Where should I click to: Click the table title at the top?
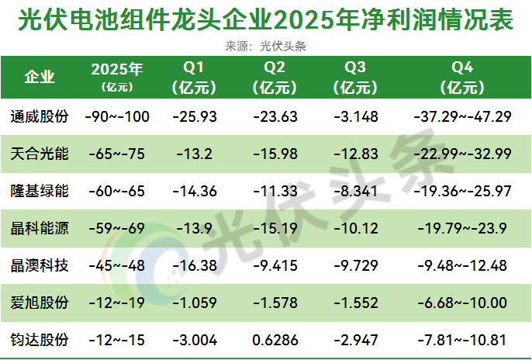coord(265,19)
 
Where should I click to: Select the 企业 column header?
coord(40,77)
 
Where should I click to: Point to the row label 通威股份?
coord(40,117)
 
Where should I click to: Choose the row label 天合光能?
coord(40,154)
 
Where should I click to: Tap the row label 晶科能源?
coord(40,228)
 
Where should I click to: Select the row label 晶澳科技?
coord(40,265)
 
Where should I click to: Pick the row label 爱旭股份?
coord(40,303)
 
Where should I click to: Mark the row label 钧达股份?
coord(40,340)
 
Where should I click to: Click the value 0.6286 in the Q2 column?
coord(279,340)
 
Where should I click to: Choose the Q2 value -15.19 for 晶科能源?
coord(279,228)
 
